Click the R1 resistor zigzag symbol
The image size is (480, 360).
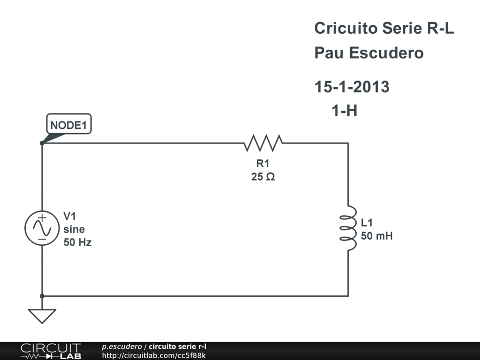coord(263,143)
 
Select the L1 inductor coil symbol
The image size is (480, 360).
coord(347,228)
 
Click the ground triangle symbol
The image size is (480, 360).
coord(42,315)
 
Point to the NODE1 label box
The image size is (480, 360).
coord(69,125)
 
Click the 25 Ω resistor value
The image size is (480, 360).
coord(262,177)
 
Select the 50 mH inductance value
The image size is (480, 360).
coord(377,236)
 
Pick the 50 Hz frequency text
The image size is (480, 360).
coord(78,242)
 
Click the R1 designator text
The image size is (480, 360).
coord(262,164)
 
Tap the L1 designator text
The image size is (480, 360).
coord(367,223)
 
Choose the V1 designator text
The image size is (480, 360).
coord(70,216)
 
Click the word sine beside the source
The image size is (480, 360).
coord(74,229)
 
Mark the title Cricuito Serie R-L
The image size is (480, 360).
coord(384,28)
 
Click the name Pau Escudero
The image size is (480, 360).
coord(369,52)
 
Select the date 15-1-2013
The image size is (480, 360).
coord(352,87)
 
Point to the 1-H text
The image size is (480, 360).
coord(345,111)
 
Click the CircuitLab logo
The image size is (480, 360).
coord(51,351)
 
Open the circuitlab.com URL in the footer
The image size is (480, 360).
coord(154,355)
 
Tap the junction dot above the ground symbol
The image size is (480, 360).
coord(42,296)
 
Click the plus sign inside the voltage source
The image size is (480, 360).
coord(42,217)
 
